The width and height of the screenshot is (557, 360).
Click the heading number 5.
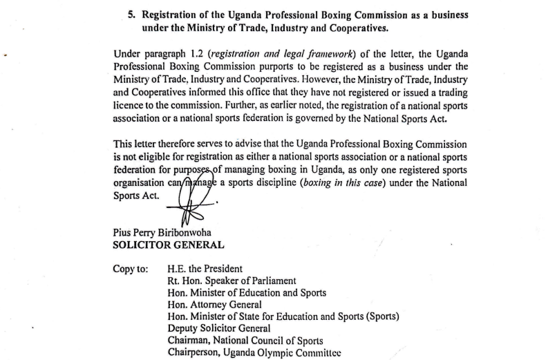click(132, 15)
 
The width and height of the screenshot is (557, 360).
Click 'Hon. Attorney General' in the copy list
click(214, 305)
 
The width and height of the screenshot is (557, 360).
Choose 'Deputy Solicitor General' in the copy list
click(219, 328)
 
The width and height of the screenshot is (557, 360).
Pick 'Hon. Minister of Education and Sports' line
click(247, 293)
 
